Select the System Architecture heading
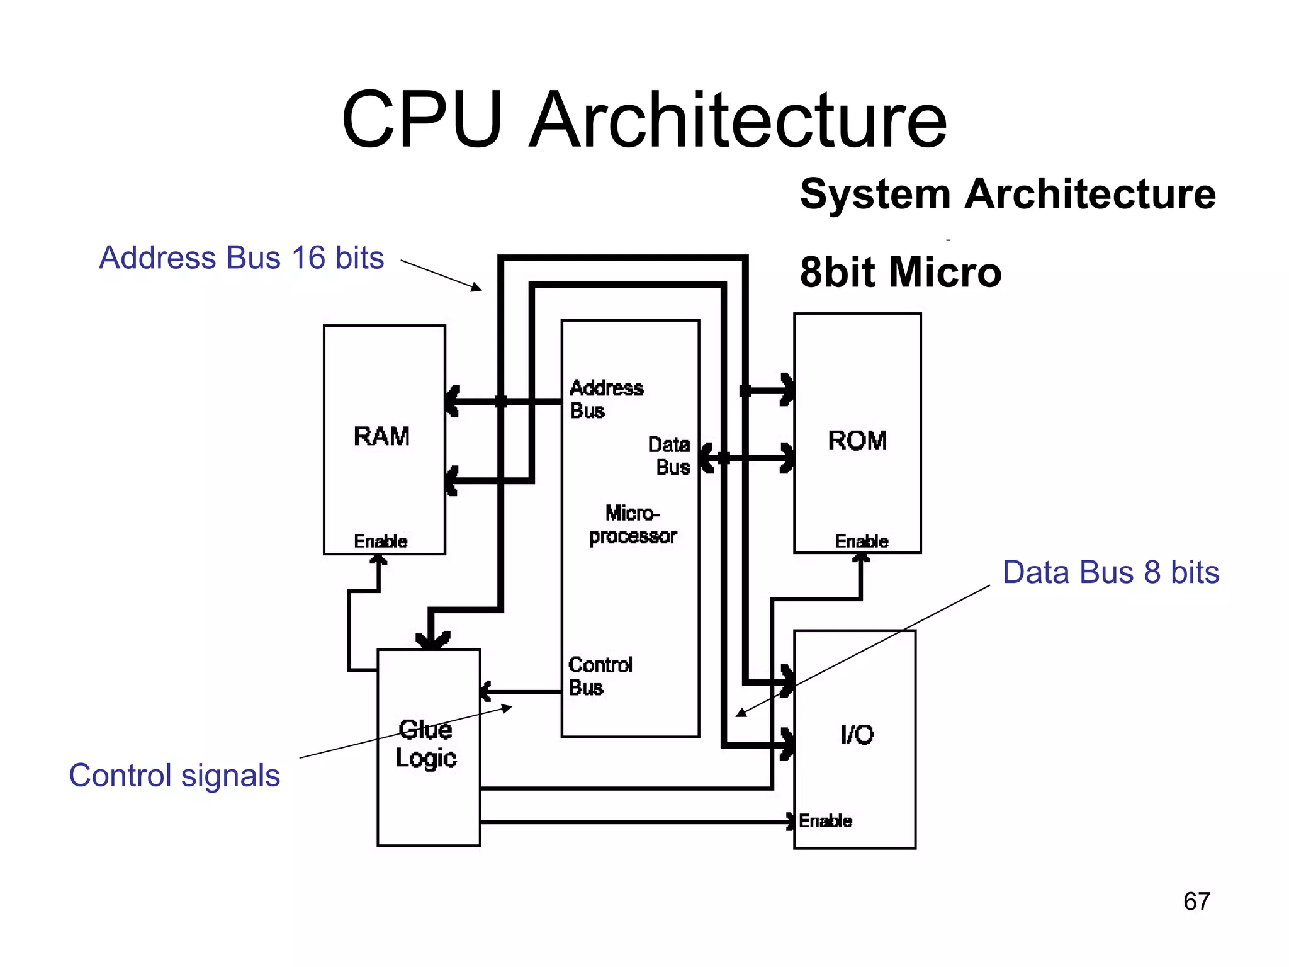(1007, 193)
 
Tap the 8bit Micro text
(900, 272)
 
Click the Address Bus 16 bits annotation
(241, 257)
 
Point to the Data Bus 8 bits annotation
(1110, 572)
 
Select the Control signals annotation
(174, 775)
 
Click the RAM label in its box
(381, 436)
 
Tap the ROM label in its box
(857, 440)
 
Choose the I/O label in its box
(857, 734)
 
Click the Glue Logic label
(426, 744)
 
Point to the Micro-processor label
(633, 524)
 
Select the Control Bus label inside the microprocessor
(599, 676)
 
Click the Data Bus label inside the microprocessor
(670, 456)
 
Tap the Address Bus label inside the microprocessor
(605, 399)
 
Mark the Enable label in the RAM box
(380, 541)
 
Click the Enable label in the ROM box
(861, 541)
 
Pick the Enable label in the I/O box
(825, 821)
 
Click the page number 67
(1196, 902)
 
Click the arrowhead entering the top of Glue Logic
(432, 640)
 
